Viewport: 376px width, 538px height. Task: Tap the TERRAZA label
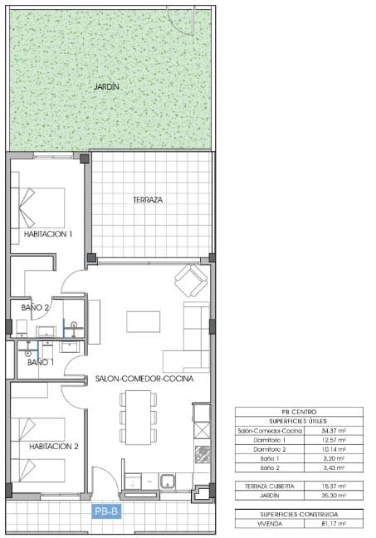(147, 200)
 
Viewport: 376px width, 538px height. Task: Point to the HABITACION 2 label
(54, 446)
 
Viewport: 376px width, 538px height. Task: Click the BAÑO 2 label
(36, 308)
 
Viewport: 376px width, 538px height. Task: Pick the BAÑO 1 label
(41, 362)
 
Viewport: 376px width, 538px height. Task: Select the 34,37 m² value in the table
(332, 431)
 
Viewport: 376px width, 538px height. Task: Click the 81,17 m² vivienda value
(332, 523)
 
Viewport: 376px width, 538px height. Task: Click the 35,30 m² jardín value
(332, 495)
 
